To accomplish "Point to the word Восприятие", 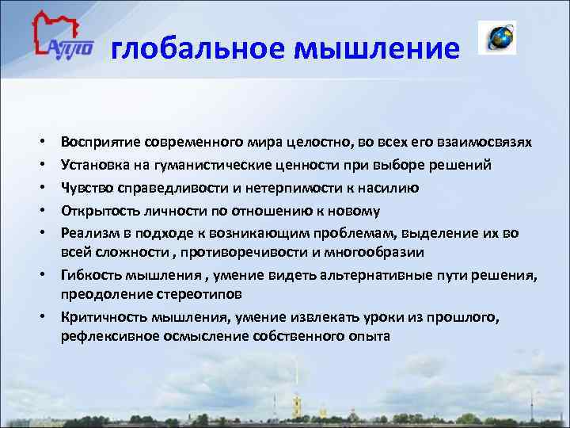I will pyautogui.click(x=102, y=142).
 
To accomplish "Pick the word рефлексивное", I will pyautogui.click(x=103, y=335).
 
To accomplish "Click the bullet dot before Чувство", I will pyautogui.click(x=39, y=189).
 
